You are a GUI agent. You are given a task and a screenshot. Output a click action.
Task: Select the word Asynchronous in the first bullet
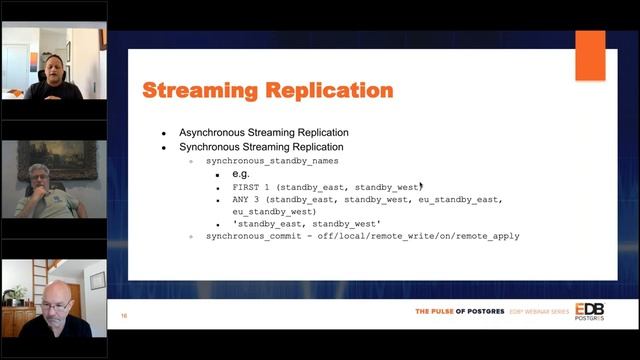[x=214, y=133]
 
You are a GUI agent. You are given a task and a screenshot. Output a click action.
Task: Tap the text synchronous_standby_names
[x=272, y=160]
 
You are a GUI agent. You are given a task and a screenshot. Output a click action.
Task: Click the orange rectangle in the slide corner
[x=589, y=55]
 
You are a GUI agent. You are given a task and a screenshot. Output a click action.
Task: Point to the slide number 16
[x=123, y=316]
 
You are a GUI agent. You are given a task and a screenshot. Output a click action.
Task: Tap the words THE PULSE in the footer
[x=440, y=312]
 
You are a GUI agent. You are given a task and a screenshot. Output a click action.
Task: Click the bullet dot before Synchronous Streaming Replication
[x=166, y=147]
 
